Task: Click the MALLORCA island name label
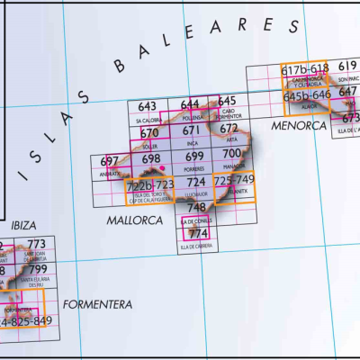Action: pos(134,220)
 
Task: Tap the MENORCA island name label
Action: pos(298,125)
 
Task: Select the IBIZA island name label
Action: pos(23,224)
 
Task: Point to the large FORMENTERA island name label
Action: pos(98,304)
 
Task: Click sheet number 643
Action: pos(148,106)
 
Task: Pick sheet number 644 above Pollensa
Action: pos(190,105)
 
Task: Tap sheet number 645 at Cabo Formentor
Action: pos(227,101)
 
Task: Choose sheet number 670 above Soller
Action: pos(149,133)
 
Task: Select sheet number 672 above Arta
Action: pos(229,129)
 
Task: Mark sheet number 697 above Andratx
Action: pos(110,161)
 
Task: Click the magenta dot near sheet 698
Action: pos(163,168)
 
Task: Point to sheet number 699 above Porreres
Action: pos(193,157)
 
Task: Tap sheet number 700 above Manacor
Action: pos(231,155)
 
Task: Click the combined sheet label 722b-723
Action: pos(150,185)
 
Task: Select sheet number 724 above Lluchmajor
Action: pos(196,183)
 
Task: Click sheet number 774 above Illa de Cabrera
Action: pos(198,234)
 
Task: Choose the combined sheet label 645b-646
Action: pos(307,95)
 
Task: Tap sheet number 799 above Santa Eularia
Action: pos(37,269)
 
